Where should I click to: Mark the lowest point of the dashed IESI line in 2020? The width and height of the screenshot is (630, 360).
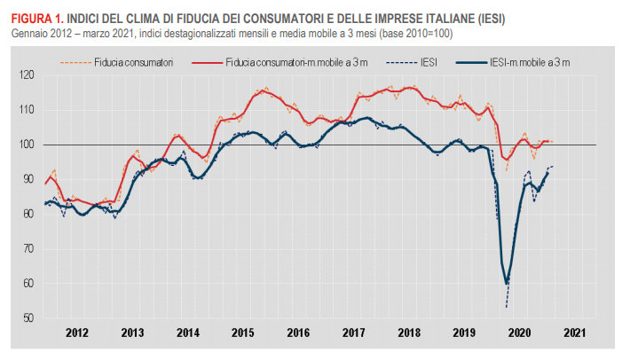pyautogui.click(x=507, y=307)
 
